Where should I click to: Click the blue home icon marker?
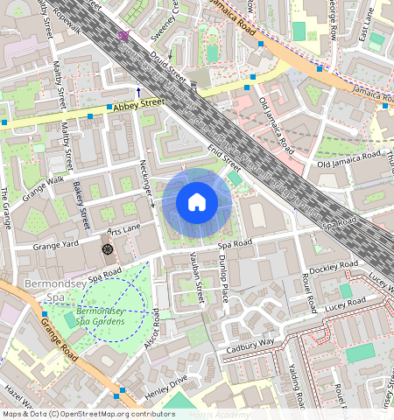coord(197,203)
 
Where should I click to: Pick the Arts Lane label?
coord(123,229)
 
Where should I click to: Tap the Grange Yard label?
coord(55,245)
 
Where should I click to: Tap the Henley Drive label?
coord(165,388)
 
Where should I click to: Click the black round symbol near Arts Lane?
coord(107,249)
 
